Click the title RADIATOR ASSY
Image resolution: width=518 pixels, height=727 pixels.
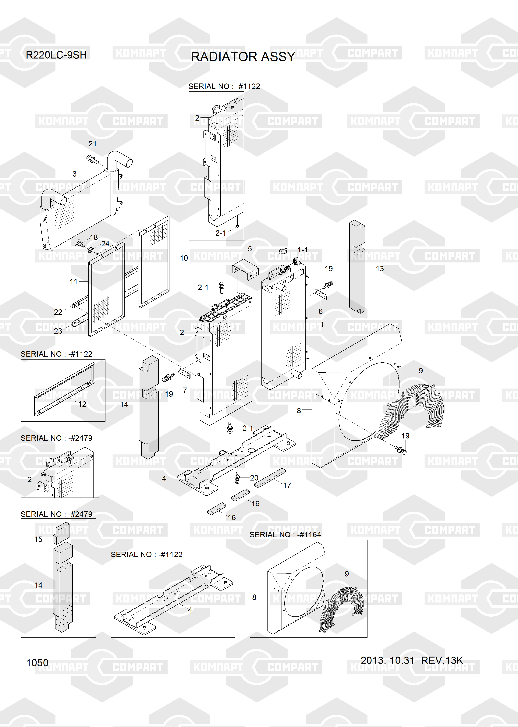(x=243, y=57)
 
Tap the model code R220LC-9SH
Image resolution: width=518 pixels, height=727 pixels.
(x=56, y=55)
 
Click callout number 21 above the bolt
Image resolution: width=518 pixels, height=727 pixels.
(x=93, y=144)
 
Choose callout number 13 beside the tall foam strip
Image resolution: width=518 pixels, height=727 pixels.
(x=380, y=269)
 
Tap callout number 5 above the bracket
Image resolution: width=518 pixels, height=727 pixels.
(x=250, y=249)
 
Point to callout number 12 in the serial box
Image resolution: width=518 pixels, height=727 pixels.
(x=82, y=404)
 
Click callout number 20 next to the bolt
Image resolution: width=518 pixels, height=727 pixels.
(x=254, y=478)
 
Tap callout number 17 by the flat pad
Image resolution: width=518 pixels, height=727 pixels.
(x=287, y=485)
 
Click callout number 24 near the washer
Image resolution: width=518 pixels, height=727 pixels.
(x=105, y=244)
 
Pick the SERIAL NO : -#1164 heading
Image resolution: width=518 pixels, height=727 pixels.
(x=285, y=534)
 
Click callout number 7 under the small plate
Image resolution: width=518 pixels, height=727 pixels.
(x=185, y=390)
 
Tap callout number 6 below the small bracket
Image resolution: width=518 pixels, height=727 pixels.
(x=321, y=311)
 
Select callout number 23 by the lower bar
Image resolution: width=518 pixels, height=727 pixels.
(x=58, y=331)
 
